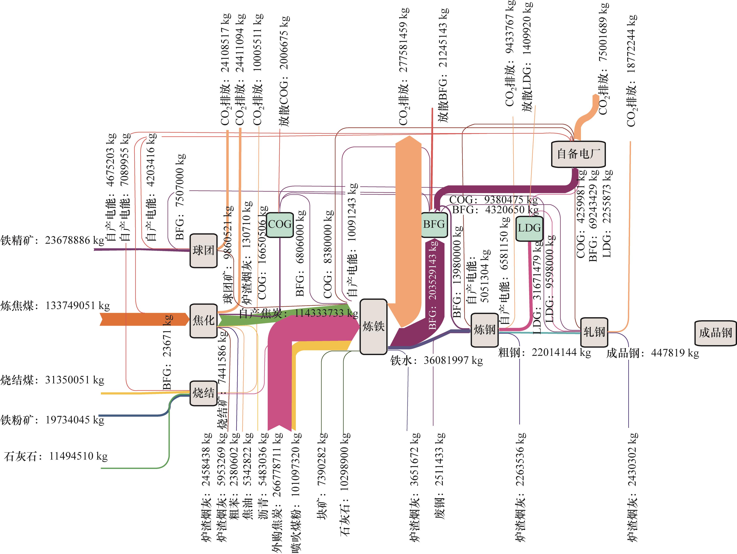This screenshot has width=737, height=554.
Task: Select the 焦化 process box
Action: pos(203,321)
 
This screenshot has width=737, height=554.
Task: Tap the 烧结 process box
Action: pos(203,393)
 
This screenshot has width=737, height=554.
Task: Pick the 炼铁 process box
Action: pos(373,326)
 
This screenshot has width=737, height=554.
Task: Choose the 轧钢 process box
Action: pos(594,332)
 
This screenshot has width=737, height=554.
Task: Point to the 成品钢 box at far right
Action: pos(715,333)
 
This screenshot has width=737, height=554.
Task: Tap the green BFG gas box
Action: pos(434,225)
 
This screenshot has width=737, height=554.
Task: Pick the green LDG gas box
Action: pos(529,228)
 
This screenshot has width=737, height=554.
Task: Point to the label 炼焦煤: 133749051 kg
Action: pos(55,306)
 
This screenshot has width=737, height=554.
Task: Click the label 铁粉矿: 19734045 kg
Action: pos(52,420)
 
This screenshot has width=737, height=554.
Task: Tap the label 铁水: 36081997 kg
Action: pos(436,360)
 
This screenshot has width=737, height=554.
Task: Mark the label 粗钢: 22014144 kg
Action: pos(544,352)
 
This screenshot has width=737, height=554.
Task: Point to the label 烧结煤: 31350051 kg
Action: pos(52,380)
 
